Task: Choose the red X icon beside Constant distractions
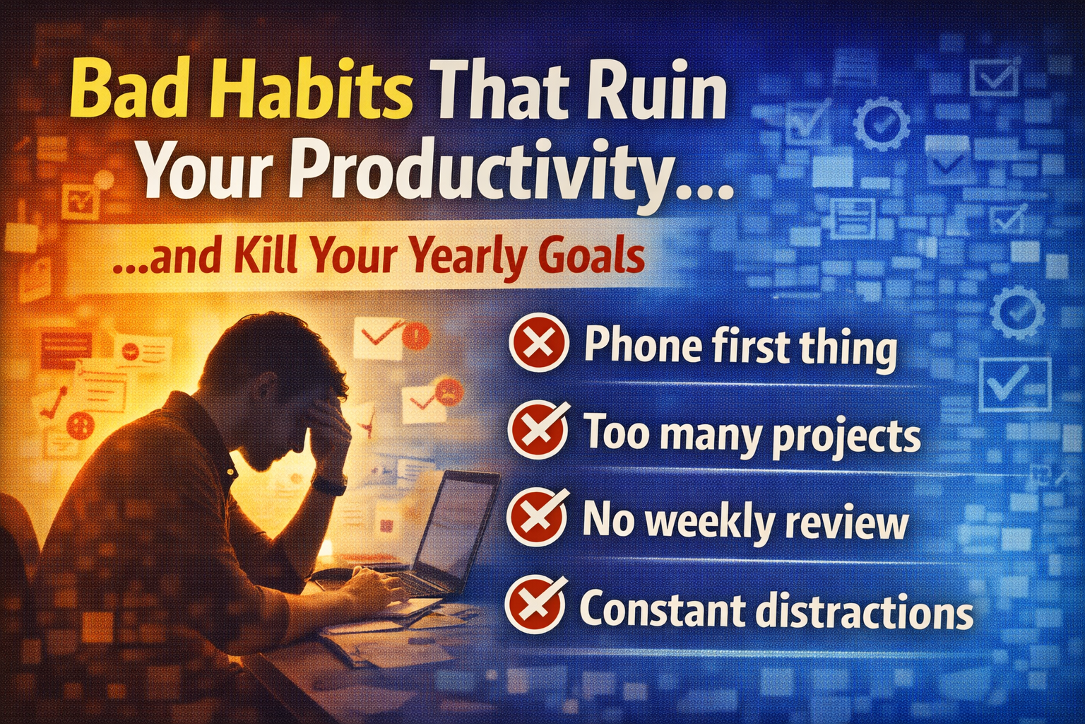click(x=537, y=605)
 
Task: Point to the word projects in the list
click(x=846, y=436)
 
